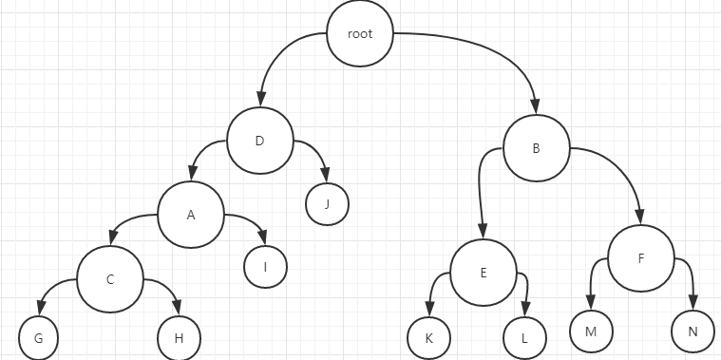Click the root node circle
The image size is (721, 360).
click(360, 33)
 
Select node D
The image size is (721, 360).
click(259, 142)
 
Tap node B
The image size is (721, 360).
click(536, 149)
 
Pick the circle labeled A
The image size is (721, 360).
click(191, 215)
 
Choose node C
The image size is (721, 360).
click(110, 280)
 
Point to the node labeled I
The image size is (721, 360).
click(266, 267)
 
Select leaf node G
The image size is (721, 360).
click(39, 337)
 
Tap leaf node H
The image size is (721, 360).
click(179, 337)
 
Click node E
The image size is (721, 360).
click(483, 274)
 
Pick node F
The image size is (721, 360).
click(641, 257)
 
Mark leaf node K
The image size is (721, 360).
click(428, 337)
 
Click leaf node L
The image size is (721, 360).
click(525, 337)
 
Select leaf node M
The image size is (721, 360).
click(590, 331)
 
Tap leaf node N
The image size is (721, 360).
click(692, 332)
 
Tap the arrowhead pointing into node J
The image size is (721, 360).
click(326, 175)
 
